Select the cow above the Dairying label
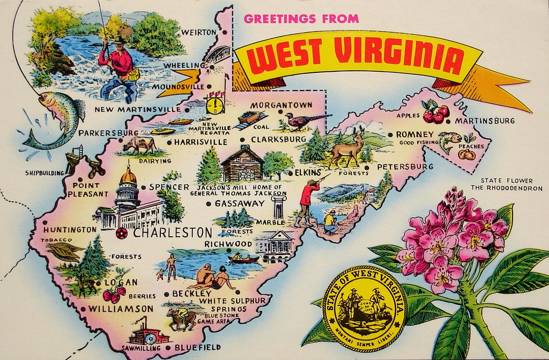pos(138,145)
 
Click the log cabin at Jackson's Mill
pos(242,164)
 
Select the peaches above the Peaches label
pos(466,155)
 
